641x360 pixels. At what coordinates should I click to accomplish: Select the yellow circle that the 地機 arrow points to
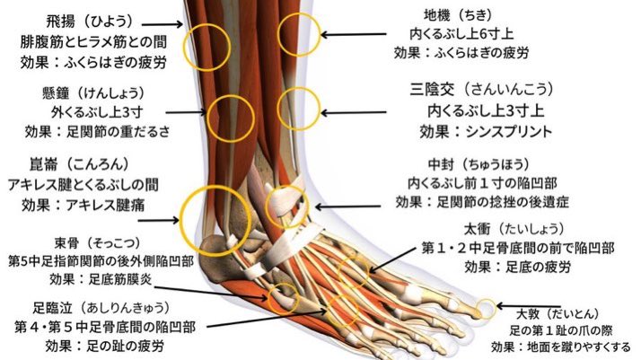pos(298,36)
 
